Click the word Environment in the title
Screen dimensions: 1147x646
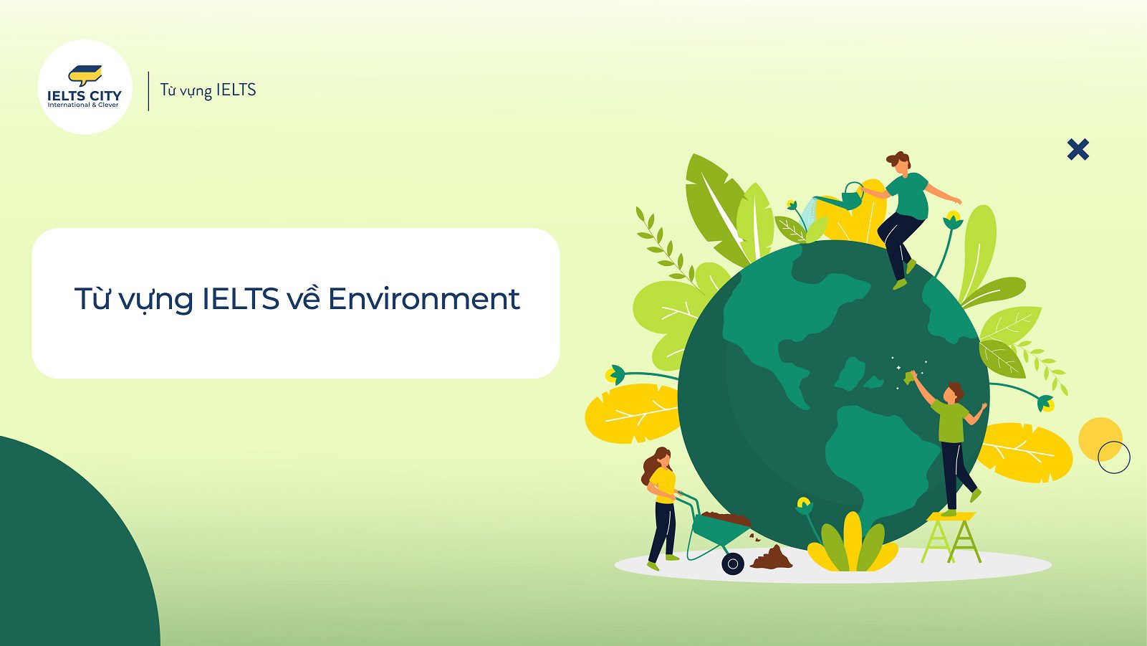pos(423,299)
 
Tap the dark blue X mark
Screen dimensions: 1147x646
pos(1078,150)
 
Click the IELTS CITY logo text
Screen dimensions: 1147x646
pos(85,95)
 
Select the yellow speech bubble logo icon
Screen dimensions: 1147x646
pos(85,75)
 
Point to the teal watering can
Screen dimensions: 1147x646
pos(843,197)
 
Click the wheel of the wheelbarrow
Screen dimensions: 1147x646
pos(733,564)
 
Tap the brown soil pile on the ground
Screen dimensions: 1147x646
pos(771,558)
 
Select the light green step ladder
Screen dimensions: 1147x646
pos(951,538)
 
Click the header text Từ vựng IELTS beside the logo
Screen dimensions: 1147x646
pos(208,90)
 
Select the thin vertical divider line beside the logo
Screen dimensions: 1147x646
pos(148,91)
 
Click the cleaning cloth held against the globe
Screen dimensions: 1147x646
pos(909,378)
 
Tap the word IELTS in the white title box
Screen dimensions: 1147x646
pos(241,299)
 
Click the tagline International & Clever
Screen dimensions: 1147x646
pos(83,105)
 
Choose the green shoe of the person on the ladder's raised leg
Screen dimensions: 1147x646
pos(976,495)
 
